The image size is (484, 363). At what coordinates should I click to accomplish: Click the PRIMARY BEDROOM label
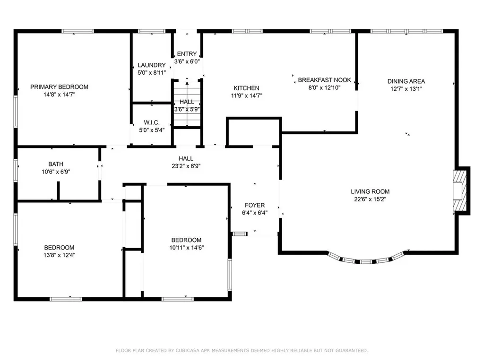click(59, 87)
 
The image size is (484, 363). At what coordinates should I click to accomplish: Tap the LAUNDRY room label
click(152, 65)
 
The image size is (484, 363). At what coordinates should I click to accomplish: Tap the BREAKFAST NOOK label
click(324, 80)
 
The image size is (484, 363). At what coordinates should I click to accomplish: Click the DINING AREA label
click(406, 81)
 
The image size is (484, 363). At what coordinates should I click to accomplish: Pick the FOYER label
click(254, 205)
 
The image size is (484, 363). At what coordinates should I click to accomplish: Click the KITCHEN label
click(246, 88)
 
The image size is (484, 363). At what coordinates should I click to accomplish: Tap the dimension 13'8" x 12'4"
click(59, 255)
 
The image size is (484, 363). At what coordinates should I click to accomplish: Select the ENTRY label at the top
click(187, 54)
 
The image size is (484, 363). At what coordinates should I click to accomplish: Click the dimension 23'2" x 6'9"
click(186, 166)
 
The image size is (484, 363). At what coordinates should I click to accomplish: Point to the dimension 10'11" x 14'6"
click(186, 247)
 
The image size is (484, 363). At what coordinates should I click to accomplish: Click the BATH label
click(56, 164)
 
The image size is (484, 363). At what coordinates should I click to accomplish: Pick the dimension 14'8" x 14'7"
click(59, 95)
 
